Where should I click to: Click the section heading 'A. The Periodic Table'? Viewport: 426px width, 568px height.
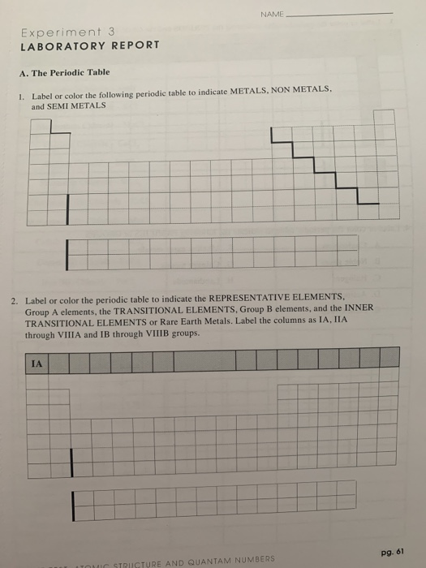click(64, 72)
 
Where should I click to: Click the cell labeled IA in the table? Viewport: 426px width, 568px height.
click(37, 364)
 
